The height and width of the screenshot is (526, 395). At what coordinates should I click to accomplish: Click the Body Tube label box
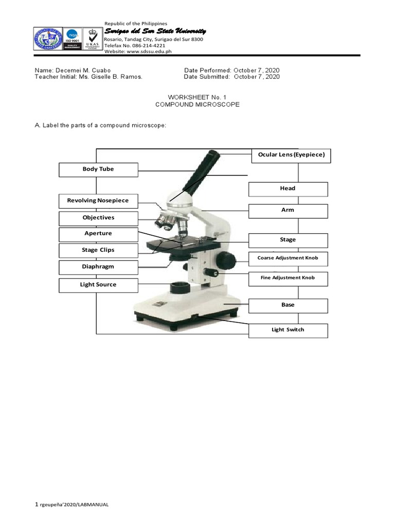coord(98,170)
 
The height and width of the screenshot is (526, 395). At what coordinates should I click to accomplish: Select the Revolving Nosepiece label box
coord(98,201)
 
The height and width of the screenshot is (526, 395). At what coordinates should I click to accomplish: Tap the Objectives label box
coord(98,218)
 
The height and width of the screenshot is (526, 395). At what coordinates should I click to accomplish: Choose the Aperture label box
coord(98,234)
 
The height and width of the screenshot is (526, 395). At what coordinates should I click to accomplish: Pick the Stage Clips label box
coord(98,251)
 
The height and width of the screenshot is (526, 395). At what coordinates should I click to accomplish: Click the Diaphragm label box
coord(98,267)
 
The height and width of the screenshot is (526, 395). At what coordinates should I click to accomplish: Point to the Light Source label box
coord(98,285)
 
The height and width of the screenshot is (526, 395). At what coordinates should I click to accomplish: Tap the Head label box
coord(288,189)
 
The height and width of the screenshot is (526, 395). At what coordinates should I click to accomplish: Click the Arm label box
coord(288,211)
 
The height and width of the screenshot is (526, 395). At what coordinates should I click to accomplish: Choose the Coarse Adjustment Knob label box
coord(288,258)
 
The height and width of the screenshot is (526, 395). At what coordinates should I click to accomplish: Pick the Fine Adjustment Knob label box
coord(288,278)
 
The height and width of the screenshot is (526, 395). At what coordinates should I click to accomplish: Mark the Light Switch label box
coord(288,330)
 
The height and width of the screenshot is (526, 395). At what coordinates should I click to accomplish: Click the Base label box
coord(288,306)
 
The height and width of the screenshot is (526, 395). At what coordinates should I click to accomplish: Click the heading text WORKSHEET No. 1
coord(197,97)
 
